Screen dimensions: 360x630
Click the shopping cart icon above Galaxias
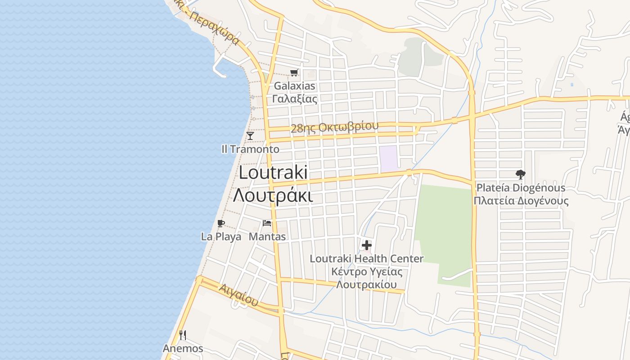coord(294,72)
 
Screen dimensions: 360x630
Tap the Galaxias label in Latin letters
coord(295,85)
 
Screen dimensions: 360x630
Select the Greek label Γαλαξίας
coord(295,99)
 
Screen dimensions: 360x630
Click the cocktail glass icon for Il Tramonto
coord(250,135)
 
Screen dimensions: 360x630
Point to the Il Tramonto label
coord(250,149)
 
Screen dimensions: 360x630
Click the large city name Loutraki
coord(273,172)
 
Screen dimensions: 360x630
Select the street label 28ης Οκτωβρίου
coord(334,127)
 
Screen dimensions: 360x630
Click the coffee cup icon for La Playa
coord(220,223)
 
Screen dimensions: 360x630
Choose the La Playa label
coord(221,237)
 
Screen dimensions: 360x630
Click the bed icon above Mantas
coord(267,223)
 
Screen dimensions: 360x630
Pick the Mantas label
coord(267,237)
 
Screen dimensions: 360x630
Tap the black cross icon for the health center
coord(367,245)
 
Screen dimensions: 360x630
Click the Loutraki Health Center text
coord(367,259)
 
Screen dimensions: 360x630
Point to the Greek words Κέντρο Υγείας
coord(367,272)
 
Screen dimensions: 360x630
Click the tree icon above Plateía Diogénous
coord(521,174)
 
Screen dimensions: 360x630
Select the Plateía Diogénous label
coord(521,188)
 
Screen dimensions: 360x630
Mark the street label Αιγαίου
coord(239,295)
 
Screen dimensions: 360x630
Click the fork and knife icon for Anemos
coord(183,335)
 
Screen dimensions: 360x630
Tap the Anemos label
coord(183,348)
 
